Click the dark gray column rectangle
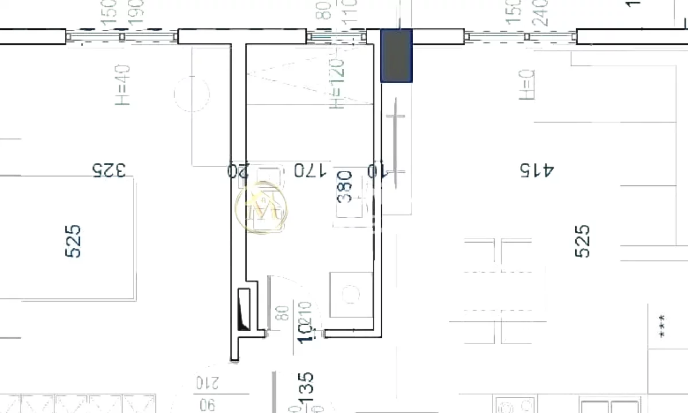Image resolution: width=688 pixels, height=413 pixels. point(397,56)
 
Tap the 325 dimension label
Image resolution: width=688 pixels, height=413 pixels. point(109,170)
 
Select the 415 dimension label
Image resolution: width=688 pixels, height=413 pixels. point(537,170)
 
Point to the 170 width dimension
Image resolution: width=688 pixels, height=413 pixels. point(310,170)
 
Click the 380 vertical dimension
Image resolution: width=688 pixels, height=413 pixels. point(345,187)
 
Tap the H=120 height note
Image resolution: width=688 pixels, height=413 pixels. point(337,84)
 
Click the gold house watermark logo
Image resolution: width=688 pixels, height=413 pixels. point(262,208)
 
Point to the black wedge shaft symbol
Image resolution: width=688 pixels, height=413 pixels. point(244,310)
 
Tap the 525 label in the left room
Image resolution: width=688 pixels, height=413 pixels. point(74,241)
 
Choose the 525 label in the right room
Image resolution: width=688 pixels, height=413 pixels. point(581,241)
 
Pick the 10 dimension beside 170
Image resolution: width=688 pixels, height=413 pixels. point(379,170)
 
